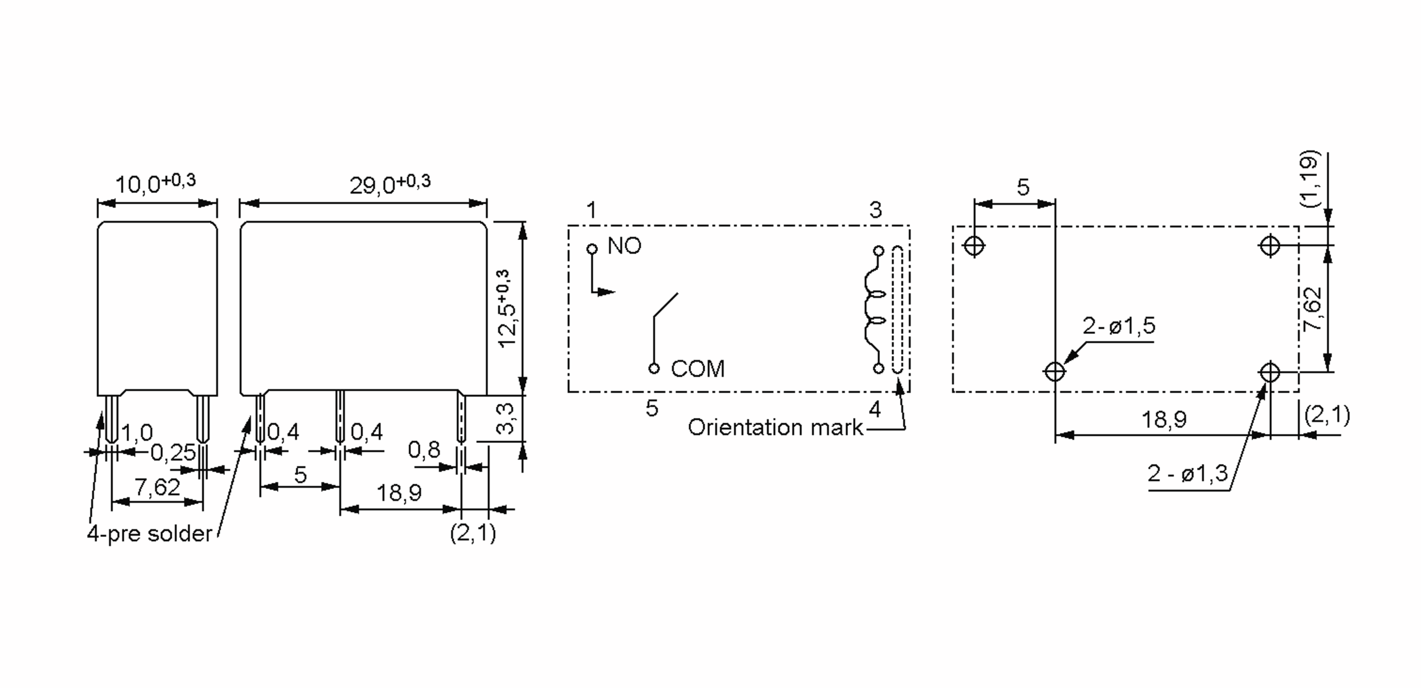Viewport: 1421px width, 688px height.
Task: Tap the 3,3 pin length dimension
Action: [x=506, y=418]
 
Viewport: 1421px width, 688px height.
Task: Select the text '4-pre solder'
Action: [x=149, y=534]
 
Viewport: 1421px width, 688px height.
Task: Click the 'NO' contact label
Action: [x=625, y=246]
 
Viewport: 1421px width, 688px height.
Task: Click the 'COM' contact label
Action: [x=697, y=369]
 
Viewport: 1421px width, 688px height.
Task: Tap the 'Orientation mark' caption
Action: [x=776, y=427]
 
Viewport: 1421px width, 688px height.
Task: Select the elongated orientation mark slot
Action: [x=898, y=310]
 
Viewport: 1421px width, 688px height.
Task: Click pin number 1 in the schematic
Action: [x=591, y=210]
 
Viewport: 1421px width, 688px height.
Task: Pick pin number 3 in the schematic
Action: [x=876, y=210]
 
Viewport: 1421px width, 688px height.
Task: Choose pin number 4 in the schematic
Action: [x=875, y=409]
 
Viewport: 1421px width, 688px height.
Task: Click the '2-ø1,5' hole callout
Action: [x=1119, y=326]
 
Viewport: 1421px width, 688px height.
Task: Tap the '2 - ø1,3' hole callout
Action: [x=1188, y=474]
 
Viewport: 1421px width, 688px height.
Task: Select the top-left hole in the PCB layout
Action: [x=974, y=245]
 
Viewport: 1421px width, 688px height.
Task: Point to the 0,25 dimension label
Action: [x=172, y=453]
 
